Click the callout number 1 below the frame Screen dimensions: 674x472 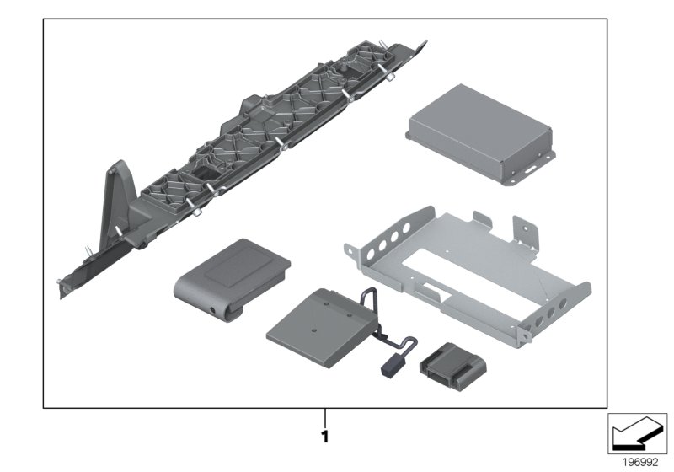point(325,437)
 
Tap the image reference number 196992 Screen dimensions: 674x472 point(640,463)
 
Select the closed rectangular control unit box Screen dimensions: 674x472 point(480,134)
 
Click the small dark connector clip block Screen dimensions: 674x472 point(452,367)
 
